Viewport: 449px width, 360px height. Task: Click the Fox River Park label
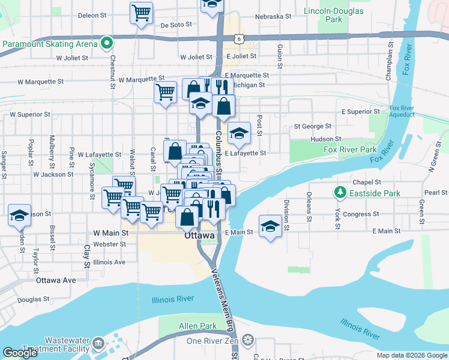350,149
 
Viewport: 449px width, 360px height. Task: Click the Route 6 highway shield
240,39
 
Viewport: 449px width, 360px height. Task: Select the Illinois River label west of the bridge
173,299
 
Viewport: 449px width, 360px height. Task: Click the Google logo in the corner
20,353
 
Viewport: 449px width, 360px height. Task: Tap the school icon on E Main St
271,227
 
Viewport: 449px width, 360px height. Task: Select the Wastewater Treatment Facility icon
98,344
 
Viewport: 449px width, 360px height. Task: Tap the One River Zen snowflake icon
247,341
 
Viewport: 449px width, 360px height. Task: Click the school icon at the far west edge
19,215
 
